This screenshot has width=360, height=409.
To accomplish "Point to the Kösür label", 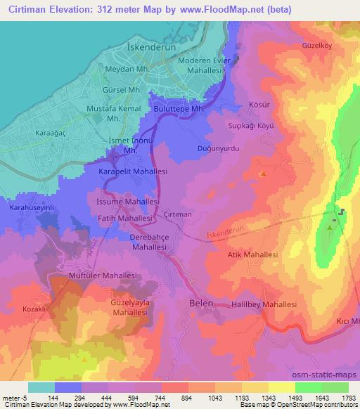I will (x=258, y=105).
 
